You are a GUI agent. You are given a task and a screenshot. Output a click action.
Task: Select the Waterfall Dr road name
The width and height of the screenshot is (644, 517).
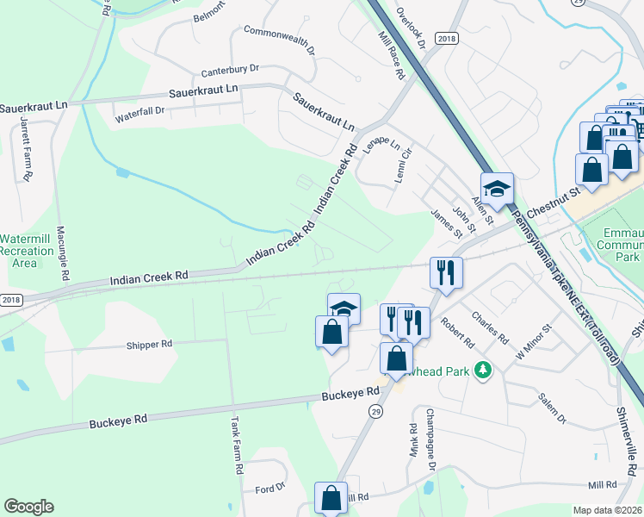[x=140, y=110]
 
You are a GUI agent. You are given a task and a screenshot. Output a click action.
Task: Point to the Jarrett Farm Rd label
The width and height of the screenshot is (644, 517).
[x=27, y=152]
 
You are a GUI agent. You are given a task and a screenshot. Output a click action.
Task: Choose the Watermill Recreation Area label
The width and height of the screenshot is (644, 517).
[x=31, y=249]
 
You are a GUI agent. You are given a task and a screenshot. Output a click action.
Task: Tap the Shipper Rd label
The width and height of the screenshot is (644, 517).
[x=150, y=343]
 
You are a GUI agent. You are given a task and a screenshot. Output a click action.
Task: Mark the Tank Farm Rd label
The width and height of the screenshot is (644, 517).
[x=238, y=446]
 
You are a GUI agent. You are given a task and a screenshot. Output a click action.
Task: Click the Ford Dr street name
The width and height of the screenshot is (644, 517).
[x=270, y=489]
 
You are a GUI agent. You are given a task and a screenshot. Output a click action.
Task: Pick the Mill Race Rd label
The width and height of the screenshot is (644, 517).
[x=392, y=57]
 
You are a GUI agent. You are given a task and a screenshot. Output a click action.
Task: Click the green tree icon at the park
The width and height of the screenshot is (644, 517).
[x=483, y=370]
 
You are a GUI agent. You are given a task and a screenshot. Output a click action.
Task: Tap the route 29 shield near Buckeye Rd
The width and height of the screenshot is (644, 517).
[x=375, y=413]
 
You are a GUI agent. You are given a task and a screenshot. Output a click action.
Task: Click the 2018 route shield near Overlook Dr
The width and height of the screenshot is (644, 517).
[x=447, y=39]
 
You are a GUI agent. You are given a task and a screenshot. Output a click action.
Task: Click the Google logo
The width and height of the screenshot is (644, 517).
[x=29, y=507]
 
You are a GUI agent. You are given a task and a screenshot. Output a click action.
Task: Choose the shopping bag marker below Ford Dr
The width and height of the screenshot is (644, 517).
[x=331, y=498]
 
